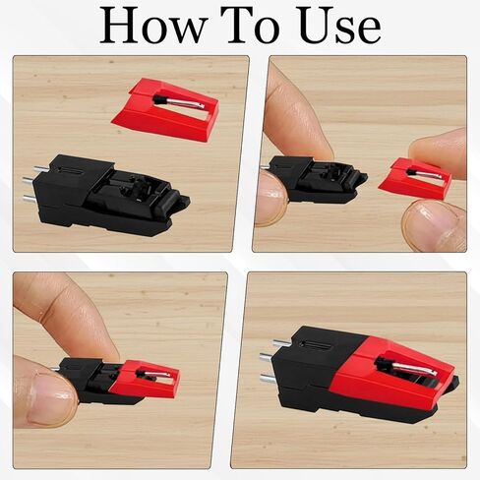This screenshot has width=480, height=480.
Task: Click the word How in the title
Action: (x=153, y=26)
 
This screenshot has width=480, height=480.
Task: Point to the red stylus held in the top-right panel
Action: (x=415, y=178)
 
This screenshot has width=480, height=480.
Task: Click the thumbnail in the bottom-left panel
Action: (x=50, y=399)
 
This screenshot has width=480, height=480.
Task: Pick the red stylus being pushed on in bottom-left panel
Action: (x=145, y=378)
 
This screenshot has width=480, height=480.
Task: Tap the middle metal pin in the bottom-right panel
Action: (x=269, y=357)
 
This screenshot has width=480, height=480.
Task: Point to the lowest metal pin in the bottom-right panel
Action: (x=270, y=379)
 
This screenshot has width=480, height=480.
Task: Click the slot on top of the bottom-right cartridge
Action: (x=315, y=345)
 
